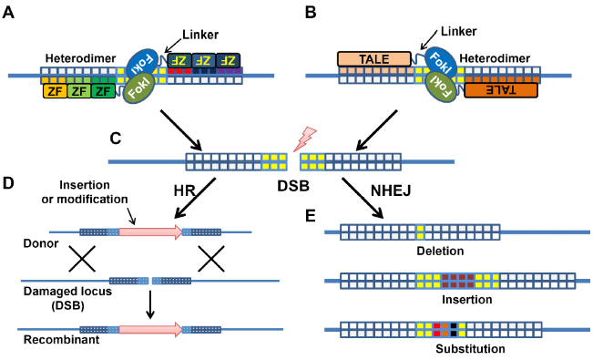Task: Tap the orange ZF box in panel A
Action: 56,91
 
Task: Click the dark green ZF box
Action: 103,91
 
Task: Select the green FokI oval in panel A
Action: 138,87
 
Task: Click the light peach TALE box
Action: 373,59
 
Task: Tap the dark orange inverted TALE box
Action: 501,90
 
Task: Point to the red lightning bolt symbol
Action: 305,139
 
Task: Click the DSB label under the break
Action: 293,186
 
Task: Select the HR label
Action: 185,190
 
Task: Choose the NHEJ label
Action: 391,190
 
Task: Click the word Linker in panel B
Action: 458,31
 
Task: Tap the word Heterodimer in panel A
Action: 80,58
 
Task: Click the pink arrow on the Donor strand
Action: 150,231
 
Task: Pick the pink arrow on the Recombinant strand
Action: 150,329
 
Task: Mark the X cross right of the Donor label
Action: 82,259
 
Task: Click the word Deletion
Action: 440,251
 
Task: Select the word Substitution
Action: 470,348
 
